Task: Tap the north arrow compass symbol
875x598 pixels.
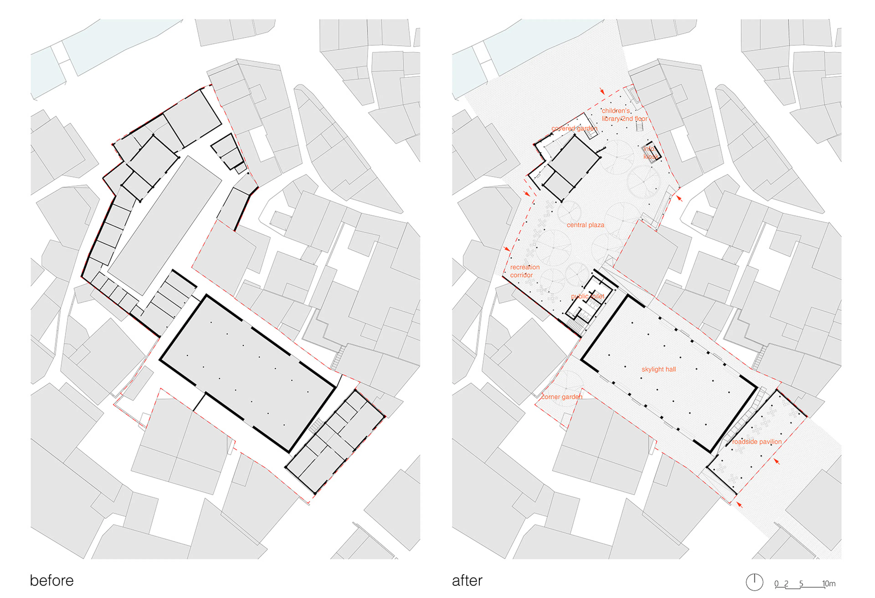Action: point(754,582)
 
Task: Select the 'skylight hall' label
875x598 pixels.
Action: point(659,369)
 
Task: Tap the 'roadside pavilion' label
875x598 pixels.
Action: point(757,442)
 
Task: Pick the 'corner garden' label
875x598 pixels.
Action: point(561,397)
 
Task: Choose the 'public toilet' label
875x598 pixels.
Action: point(587,296)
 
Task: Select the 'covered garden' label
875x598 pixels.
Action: point(574,128)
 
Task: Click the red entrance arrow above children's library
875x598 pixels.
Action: point(602,91)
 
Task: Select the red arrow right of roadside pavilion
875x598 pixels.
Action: point(776,461)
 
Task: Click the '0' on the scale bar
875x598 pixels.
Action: point(776,584)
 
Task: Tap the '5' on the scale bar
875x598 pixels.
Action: point(801,584)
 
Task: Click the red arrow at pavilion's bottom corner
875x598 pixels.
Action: point(739,505)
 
